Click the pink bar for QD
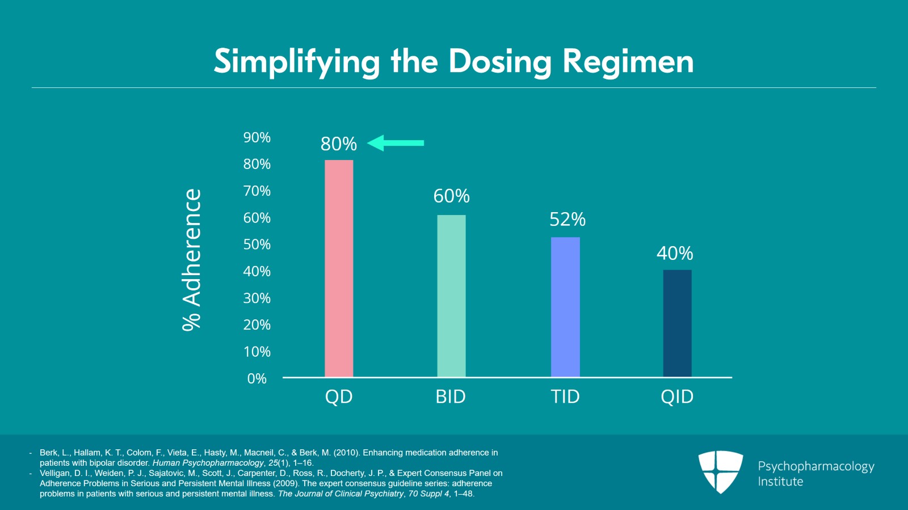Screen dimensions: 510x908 (x=339, y=268)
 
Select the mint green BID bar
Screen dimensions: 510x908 (x=451, y=296)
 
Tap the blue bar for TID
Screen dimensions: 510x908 (x=565, y=307)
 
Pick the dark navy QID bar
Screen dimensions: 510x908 (x=677, y=323)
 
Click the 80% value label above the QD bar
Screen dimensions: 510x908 (x=339, y=144)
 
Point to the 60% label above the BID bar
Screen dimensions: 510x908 (x=451, y=196)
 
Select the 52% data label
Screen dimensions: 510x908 (x=567, y=220)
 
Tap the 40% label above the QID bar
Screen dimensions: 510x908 (x=675, y=254)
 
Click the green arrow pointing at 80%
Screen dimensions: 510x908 (x=396, y=143)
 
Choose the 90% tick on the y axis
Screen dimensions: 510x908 (x=257, y=138)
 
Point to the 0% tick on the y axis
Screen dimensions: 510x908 (x=257, y=379)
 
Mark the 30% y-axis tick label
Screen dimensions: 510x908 (x=257, y=298)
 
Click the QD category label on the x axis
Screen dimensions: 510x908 (x=339, y=397)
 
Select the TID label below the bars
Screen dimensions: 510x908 (x=565, y=397)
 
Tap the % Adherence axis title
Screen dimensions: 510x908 (x=192, y=260)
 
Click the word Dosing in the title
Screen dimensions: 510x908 (x=499, y=62)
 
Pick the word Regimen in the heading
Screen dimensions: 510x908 (x=628, y=62)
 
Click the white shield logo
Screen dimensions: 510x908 (x=720, y=471)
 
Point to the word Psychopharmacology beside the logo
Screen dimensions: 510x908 (x=815, y=466)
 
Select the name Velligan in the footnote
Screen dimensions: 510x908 (x=54, y=473)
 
